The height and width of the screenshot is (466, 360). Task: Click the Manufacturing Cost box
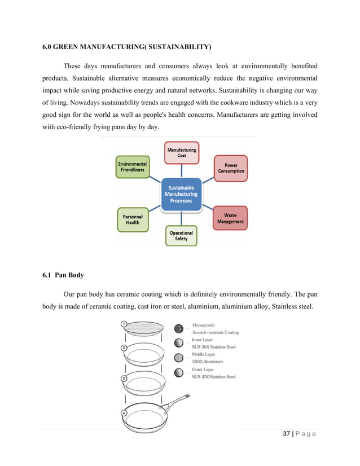tap(182, 152)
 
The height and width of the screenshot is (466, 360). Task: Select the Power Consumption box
tap(231, 168)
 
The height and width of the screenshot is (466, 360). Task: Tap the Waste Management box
tap(230, 218)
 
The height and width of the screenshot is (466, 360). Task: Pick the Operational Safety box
tap(181, 235)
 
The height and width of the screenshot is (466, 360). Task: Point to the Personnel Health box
tap(133, 219)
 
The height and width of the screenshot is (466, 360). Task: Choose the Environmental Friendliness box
tap(133, 166)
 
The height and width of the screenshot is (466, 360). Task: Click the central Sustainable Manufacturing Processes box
tap(181, 194)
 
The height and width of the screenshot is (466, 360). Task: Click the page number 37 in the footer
tap(286, 433)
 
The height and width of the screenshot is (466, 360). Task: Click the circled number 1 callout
tap(124, 324)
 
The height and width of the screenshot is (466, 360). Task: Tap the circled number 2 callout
tap(124, 348)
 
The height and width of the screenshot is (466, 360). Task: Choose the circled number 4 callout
tap(124, 412)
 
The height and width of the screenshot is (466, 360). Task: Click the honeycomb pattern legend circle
tap(179, 328)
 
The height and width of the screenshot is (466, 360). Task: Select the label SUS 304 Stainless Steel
tap(214, 347)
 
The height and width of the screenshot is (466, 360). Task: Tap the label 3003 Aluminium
tap(207, 361)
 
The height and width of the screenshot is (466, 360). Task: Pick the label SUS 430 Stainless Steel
tap(214, 376)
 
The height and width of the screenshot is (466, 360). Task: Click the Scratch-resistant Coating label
tap(216, 332)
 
